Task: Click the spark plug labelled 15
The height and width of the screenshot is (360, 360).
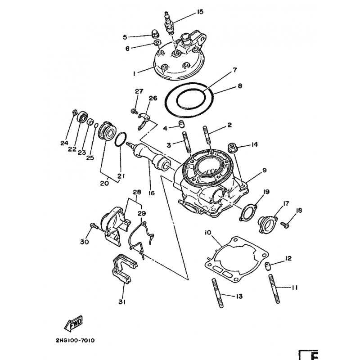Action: (169, 23)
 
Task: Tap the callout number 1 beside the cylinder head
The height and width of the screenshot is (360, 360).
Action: (134, 73)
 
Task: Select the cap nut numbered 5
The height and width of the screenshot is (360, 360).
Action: (156, 35)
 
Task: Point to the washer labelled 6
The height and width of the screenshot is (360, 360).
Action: (157, 43)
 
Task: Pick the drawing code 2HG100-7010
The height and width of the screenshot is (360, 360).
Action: (75, 340)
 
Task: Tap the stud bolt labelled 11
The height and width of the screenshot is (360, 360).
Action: (274, 289)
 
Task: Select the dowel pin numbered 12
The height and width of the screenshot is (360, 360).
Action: (268, 266)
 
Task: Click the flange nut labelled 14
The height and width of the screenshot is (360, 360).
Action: (232, 148)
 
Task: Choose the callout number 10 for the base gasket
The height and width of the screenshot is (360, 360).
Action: (208, 233)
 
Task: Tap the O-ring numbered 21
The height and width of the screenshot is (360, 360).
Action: (121, 139)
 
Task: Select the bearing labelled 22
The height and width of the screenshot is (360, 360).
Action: (82, 117)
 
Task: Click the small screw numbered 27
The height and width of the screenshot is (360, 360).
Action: (134, 111)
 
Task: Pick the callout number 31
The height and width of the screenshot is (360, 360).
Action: (122, 302)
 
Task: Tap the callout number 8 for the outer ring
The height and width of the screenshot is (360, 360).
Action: (240, 86)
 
